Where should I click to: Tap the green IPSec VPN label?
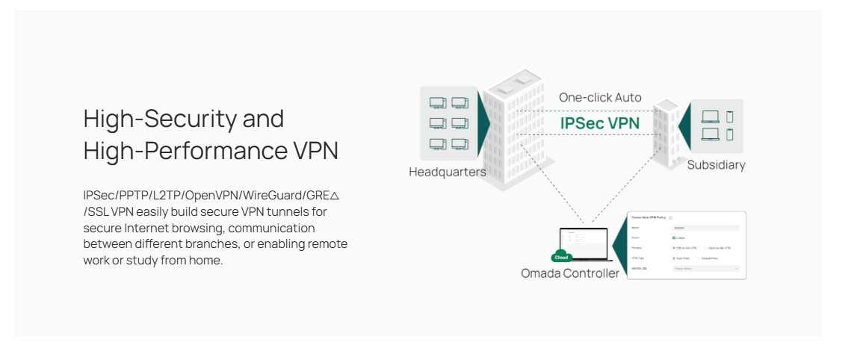pos(600,123)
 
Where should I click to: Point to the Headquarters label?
pos(448,172)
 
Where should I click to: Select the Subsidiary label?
pos(716,165)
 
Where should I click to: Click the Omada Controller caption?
pos(570,273)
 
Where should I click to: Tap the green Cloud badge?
pos(561,257)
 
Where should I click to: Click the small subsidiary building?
pos(666,131)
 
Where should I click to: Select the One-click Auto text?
pos(600,98)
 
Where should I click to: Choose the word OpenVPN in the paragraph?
pos(210,196)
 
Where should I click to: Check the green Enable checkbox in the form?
pos(675,238)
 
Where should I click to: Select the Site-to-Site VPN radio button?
pos(674,247)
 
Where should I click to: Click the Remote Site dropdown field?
pos(705,267)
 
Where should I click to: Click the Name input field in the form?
pos(705,227)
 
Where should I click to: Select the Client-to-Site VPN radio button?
pos(706,247)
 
